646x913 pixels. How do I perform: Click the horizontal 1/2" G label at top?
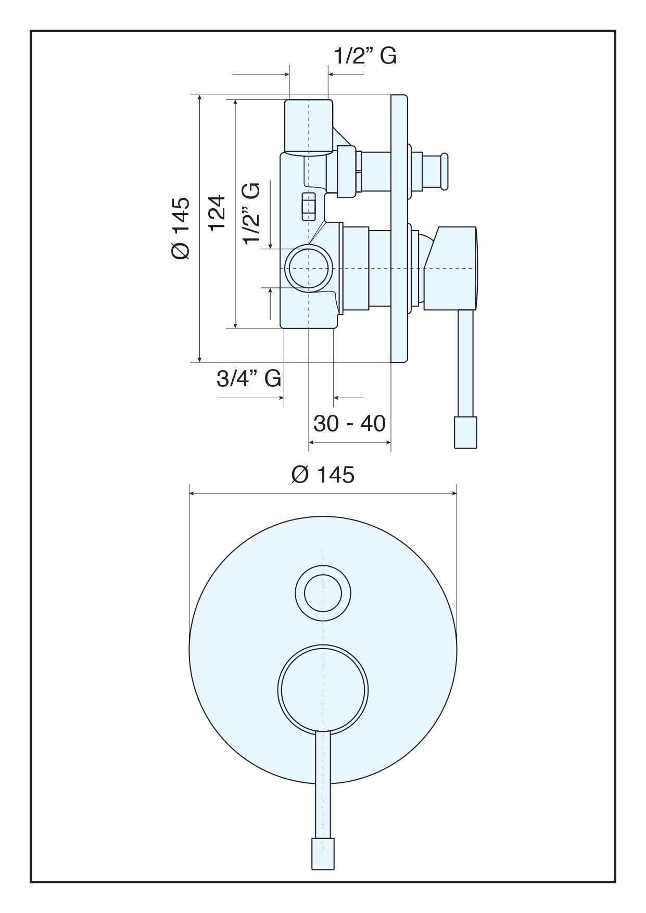click(x=365, y=56)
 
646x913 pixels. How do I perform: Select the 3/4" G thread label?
click(x=249, y=378)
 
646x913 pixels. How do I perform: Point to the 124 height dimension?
click(x=217, y=212)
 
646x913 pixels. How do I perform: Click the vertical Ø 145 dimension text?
click(x=181, y=227)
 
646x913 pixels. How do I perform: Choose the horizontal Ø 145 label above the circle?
click(x=323, y=474)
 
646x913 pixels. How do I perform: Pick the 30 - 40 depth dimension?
click(x=349, y=423)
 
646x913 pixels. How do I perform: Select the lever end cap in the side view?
click(x=465, y=432)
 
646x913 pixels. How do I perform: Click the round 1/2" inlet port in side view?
click(x=309, y=268)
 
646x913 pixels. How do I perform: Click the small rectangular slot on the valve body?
click(x=309, y=207)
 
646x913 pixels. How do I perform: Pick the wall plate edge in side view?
click(x=399, y=228)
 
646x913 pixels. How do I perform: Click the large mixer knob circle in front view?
click(x=323, y=690)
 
